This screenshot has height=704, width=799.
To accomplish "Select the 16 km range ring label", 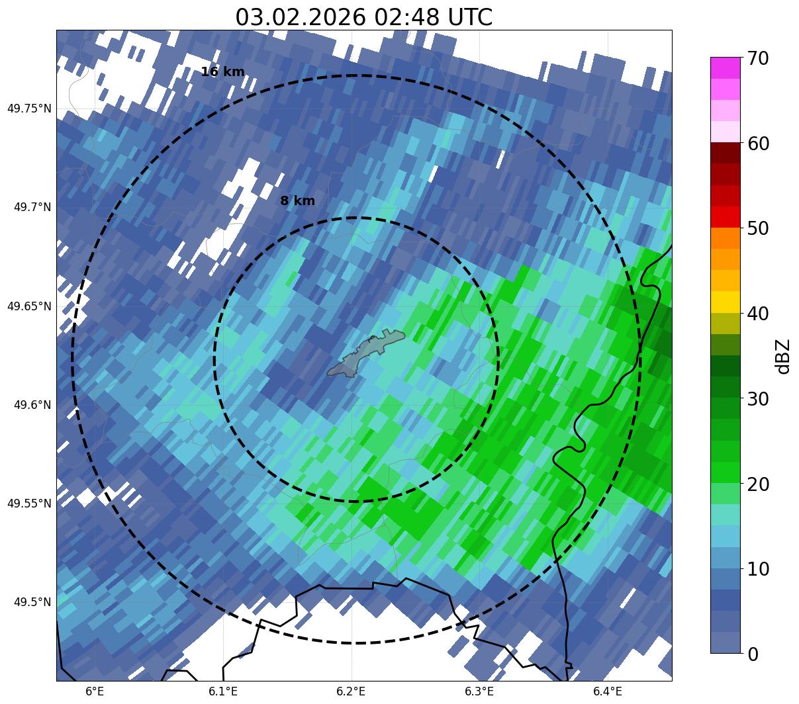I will click(222, 72).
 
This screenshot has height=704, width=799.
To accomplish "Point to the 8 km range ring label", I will click(297, 201).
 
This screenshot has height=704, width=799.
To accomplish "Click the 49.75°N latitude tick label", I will click(29, 109).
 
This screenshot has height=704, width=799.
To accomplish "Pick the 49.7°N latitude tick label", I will click(32, 208).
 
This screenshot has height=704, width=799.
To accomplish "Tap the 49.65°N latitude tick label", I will click(29, 306).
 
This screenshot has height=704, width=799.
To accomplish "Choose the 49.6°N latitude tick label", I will click(32, 405).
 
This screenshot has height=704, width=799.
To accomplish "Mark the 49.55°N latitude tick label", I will click(29, 504).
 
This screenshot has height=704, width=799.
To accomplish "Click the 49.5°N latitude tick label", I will click(32, 602).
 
